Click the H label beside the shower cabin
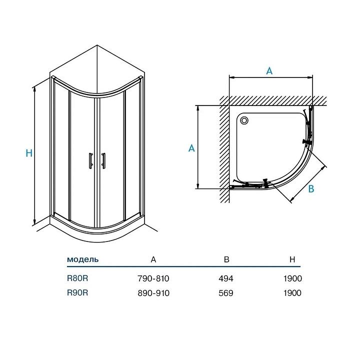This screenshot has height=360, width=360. (29, 154)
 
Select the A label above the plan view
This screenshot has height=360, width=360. (269, 70)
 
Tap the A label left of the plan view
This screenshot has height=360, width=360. (191, 148)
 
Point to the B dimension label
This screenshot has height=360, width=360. (310, 189)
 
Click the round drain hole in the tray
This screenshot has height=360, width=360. (244, 120)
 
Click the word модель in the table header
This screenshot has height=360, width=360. (82, 259)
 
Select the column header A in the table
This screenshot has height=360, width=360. (153, 259)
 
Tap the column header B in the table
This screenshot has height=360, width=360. (226, 259)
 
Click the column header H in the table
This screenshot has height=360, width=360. (292, 259)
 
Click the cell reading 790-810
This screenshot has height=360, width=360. (153, 278)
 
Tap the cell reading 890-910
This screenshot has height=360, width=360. (153, 293)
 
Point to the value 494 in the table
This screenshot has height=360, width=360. (226, 278)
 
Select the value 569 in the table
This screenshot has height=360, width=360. (226, 293)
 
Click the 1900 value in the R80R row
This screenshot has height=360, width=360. (292, 278)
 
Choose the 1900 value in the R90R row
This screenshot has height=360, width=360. (292, 293)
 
